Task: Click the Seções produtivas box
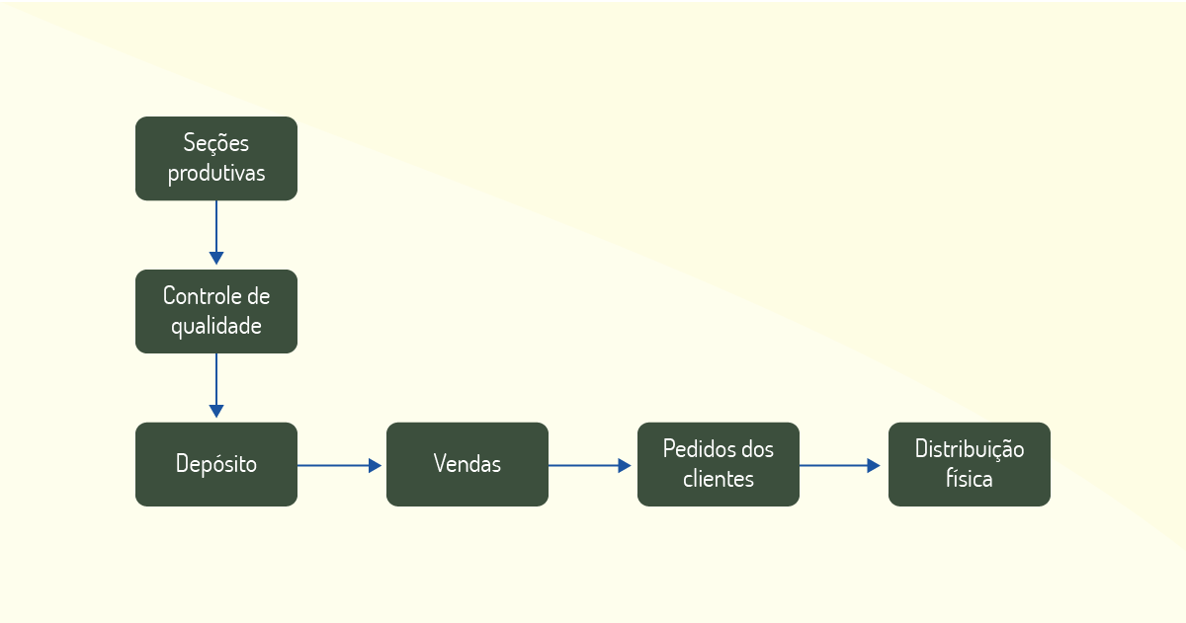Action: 216,159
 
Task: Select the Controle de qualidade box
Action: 216,312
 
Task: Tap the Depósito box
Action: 216,464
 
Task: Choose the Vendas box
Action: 466,464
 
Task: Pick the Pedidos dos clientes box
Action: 718,464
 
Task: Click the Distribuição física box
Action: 969,464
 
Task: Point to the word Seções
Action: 216,144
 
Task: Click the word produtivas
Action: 216,174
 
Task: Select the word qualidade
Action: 216,326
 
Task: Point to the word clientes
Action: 718,479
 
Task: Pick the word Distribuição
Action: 969,450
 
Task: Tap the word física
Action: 969,479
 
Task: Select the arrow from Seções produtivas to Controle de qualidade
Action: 216,232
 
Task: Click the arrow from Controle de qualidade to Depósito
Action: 216,385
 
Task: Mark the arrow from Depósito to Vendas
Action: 339,465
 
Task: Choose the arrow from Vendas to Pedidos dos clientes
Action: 590,465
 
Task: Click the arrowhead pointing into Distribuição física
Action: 874,465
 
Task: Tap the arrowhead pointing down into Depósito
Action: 216,411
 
